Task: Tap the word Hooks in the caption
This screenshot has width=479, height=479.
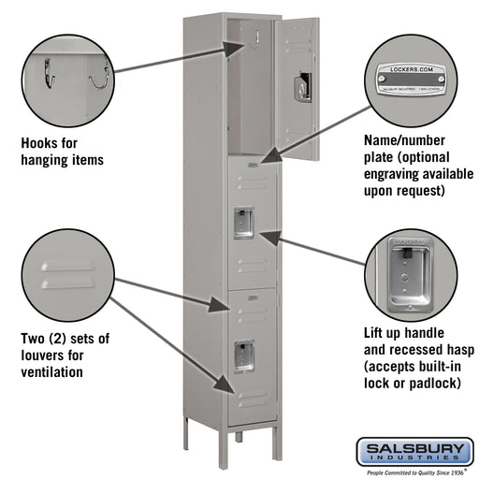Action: (x=40, y=143)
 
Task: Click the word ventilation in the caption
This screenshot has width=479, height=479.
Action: (x=52, y=371)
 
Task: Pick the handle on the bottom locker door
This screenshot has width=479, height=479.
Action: (x=243, y=356)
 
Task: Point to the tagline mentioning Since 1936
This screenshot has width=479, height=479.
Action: (x=414, y=472)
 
